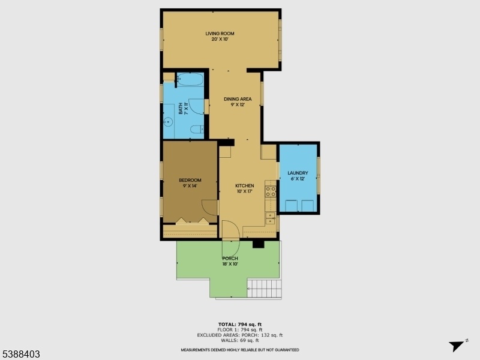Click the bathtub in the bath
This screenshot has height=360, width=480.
point(190,79)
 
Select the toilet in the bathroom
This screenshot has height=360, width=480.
point(197,130)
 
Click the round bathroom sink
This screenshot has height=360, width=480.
point(168,122)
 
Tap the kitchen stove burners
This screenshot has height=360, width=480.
point(271,191)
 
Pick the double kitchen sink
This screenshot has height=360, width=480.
point(270,218)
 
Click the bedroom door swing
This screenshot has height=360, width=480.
point(209,208)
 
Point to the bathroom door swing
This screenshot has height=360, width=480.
point(196,107)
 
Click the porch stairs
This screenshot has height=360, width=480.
point(264,288)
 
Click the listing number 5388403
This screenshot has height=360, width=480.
point(20,354)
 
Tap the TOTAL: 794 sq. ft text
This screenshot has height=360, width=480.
point(240,325)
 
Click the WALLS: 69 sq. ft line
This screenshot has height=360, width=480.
point(240,340)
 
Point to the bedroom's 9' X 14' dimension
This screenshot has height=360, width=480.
point(190,186)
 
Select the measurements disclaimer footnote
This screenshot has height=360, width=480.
point(240,350)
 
